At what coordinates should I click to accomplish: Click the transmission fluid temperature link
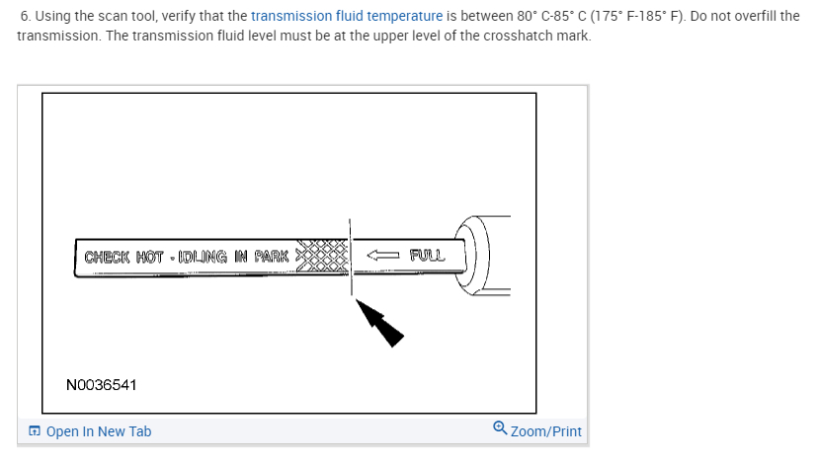click(347, 17)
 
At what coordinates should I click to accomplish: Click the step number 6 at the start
click(25, 17)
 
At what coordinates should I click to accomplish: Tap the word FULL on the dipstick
click(427, 256)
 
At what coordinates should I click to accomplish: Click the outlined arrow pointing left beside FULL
click(383, 256)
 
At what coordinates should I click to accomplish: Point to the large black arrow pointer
click(381, 324)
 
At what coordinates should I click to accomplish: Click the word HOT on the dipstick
click(150, 257)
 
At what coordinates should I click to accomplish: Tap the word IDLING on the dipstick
click(202, 257)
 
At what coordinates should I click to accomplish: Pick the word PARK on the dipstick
click(271, 257)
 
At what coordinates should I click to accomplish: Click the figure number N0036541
click(101, 384)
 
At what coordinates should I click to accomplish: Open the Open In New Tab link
click(99, 431)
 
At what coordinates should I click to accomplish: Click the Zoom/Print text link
click(546, 431)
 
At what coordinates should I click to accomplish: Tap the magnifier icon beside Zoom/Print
click(500, 429)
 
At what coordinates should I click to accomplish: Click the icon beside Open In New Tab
click(35, 431)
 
